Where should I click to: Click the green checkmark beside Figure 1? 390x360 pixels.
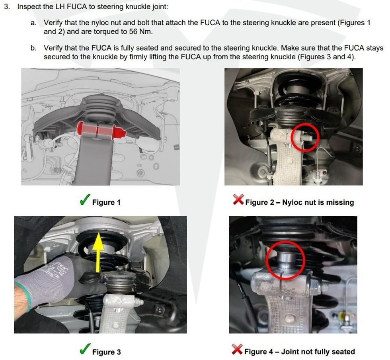pyautogui.click(x=85, y=200)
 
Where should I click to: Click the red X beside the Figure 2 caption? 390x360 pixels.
pyautogui.click(x=238, y=200)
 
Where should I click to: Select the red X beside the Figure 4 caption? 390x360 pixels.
pyautogui.click(x=237, y=349)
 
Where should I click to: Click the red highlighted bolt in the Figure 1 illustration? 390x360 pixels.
pyautogui.click(x=101, y=131)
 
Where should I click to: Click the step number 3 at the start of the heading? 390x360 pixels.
pyautogui.click(x=7, y=7)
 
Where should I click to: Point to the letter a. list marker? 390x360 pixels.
pyautogui.click(x=33, y=23)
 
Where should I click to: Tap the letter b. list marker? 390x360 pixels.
pyautogui.click(x=33, y=48)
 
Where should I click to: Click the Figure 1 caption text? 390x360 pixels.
pyautogui.click(x=106, y=202)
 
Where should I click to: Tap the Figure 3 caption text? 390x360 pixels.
pyautogui.click(x=107, y=352)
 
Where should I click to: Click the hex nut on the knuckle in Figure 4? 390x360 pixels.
pyautogui.click(x=316, y=287)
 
